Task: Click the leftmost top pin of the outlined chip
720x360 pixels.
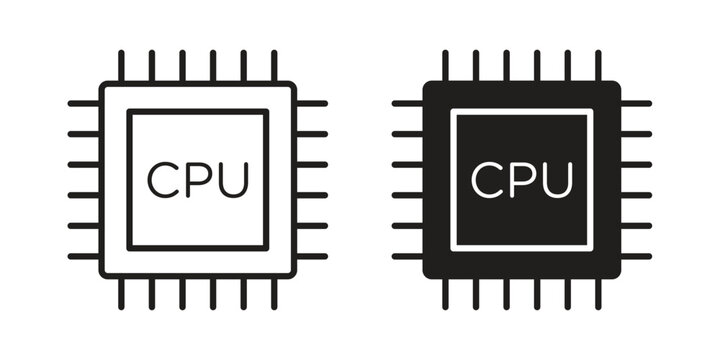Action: coord(121,65)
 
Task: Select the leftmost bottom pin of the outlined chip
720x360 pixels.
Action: coord(121,295)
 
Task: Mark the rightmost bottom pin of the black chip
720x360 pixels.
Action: coord(597,295)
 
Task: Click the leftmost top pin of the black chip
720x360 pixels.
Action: coord(445,65)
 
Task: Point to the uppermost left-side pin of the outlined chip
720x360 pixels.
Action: coord(83,103)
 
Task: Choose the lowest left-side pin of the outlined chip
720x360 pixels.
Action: coord(83,256)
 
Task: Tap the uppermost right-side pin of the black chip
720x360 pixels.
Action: coord(636,103)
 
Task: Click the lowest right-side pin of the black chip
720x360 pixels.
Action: coord(636,256)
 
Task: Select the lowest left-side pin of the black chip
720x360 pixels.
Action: coord(407,256)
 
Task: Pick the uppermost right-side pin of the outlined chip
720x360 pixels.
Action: coord(312,103)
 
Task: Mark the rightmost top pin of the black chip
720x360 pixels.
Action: coord(597,65)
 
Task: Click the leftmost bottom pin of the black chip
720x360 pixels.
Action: coord(445,295)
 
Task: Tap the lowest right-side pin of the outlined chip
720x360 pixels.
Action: coord(312,256)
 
